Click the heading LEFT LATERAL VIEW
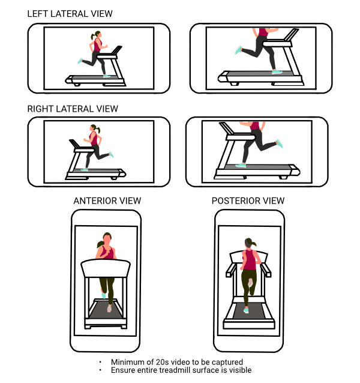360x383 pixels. (x=70, y=14)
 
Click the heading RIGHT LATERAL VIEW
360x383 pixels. (x=73, y=109)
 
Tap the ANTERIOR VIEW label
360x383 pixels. (x=107, y=201)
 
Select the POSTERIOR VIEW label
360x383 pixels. (x=248, y=201)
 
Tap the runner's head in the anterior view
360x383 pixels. (x=107, y=238)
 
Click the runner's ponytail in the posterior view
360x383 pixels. (x=253, y=243)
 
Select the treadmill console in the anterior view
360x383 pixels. (x=106, y=268)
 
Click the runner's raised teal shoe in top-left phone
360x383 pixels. (x=80, y=61)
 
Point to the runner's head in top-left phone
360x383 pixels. (x=98, y=34)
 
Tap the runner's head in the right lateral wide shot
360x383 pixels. (x=94, y=128)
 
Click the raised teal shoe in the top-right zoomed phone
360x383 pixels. (x=238, y=50)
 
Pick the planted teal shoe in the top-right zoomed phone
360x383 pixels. (x=277, y=72)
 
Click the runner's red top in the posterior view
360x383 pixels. (x=250, y=260)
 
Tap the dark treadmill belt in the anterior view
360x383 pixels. (x=106, y=310)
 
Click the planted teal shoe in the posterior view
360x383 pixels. (x=246, y=310)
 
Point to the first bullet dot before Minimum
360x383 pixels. (x=100, y=362)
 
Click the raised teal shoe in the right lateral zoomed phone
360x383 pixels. (x=280, y=143)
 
